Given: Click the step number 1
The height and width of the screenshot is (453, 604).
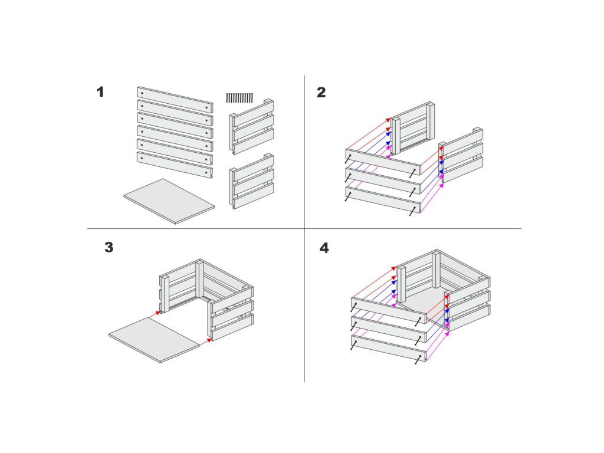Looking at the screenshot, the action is (100, 92).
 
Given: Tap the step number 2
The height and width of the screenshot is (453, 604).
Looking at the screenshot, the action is (321, 92).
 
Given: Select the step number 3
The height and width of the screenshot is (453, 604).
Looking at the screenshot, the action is (109, 247).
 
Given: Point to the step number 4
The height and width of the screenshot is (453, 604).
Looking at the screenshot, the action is (324, 248).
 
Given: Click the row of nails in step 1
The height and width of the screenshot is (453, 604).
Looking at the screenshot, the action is (239, 98).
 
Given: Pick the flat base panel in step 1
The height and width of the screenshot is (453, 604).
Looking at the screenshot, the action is (169, 201).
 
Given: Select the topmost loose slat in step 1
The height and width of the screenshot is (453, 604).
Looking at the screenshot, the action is (175, 99).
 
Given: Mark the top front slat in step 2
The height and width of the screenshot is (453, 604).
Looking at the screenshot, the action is (384, 162).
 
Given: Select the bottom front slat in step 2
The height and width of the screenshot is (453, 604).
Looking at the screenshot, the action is (384, 199).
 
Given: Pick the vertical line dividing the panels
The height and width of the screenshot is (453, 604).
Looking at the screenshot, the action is (305, 228).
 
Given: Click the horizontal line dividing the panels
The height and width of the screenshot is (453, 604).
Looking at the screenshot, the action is (304, 228).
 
